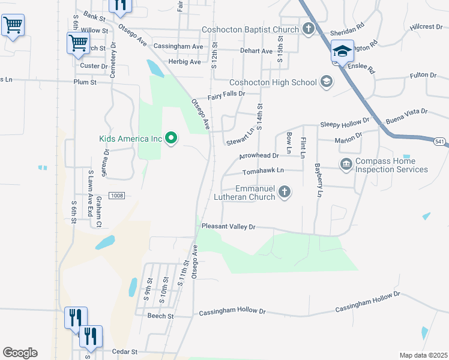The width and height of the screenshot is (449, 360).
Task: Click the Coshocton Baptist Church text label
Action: (x=250, y=30)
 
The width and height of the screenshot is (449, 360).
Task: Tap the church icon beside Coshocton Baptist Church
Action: (x=308, y=29)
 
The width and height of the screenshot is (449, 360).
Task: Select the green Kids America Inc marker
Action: (x=171, y=139)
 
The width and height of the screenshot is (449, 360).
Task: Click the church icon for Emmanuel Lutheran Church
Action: (x=285, y=192)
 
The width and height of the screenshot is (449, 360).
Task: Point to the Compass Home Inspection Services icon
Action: (x=346, y=164)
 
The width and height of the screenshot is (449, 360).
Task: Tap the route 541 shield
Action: (x=440, y=141)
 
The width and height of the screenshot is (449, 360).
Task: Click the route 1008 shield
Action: (x=116, y=196)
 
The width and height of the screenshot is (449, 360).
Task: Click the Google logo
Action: (x=20, y=353)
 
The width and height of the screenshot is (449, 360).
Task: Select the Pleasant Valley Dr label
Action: (x=229, y=226)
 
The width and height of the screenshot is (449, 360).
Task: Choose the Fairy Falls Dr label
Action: (x=226, y=94)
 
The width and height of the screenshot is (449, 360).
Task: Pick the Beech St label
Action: (x=160, y=316)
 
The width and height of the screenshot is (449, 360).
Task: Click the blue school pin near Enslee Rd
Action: (x=342, y=52)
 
